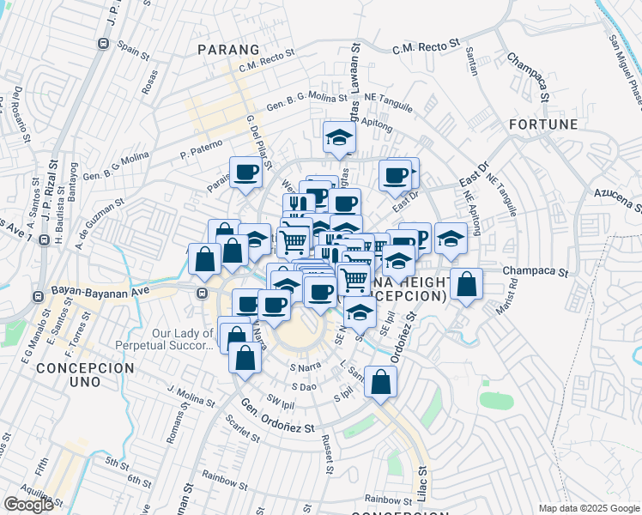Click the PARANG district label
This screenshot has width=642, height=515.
tap(227, 49)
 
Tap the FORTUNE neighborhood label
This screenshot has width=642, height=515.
tap(543, 124)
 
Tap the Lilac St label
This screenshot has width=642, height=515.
tap(421, 484)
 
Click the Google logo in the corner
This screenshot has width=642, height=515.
tap(29, 504)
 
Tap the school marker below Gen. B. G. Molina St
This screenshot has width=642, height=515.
tap(339, 136)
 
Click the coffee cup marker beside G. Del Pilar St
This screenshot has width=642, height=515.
tap(245, 172)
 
